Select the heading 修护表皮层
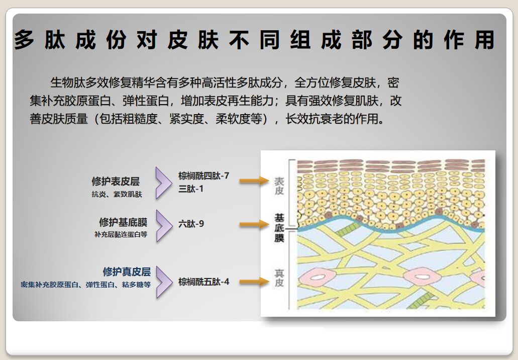[116, 182]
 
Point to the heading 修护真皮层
[127, 272]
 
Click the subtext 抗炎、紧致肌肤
[117, 194]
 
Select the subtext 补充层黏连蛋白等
[121, 234]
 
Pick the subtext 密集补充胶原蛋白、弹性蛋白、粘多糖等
[86, 285]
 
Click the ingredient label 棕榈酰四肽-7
[203, 176]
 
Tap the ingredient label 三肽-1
[191, 189]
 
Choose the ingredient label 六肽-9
[191, 224]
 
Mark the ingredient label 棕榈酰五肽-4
[203, 282]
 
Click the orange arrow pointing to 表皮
[254, 181]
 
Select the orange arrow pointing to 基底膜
[254, 224]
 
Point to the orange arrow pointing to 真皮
[254, 282]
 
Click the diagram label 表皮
[279, 186]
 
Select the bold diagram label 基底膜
[279, 228]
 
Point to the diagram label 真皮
[279, 278]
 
